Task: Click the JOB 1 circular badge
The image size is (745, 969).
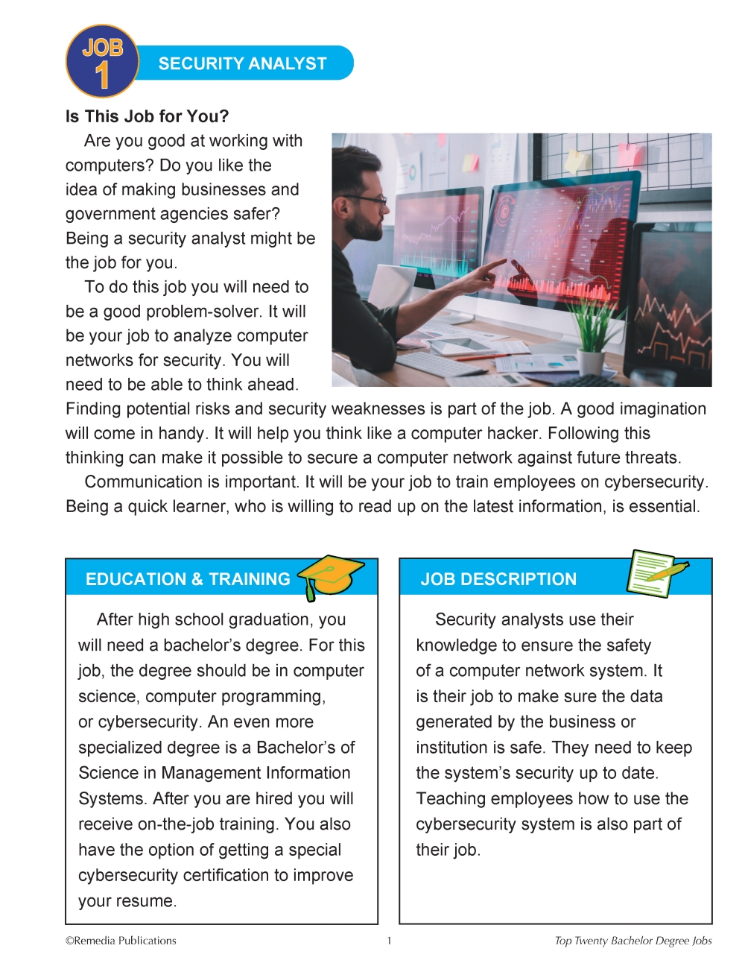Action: click(x=102, y=62)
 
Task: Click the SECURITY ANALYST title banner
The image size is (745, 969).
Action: click(x=242, y=63)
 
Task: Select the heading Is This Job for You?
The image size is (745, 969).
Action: click(x=147, y=116)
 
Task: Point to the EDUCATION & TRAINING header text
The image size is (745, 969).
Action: click(x=188, y=579)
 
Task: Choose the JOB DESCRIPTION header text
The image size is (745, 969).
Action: click(x=498, y=579)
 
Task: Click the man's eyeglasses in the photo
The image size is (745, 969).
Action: click(x=370, y=200)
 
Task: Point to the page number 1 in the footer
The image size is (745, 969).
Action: click(x=389, y=941)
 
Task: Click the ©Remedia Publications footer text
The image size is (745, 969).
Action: click(x=121, y=941)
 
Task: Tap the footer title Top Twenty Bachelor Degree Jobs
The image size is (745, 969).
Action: click(x=633, y=941)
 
